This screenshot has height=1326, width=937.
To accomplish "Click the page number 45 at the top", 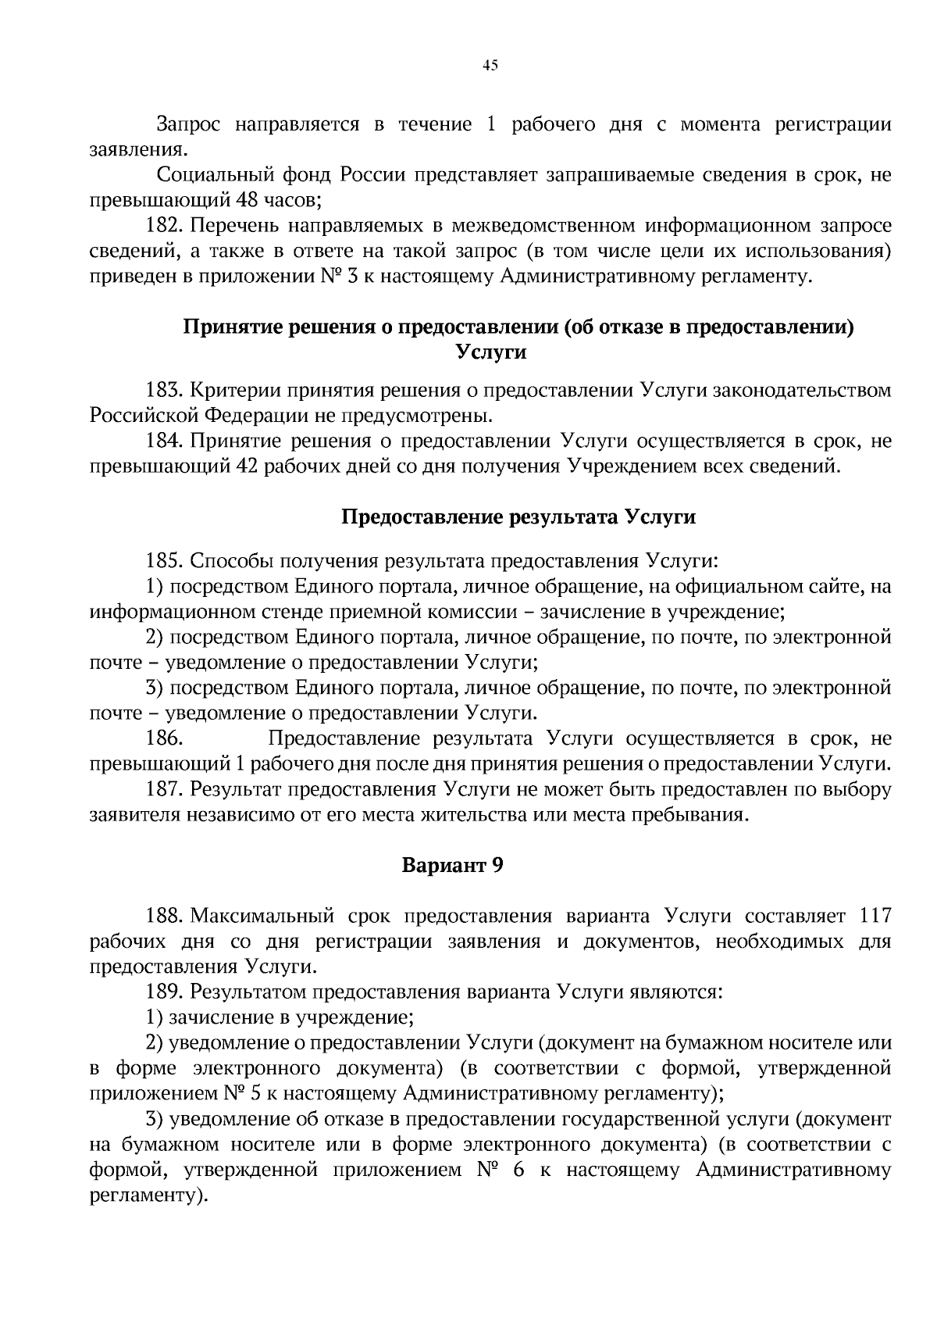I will [x=490, y=66].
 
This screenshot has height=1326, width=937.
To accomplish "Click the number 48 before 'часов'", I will [x=248, y=199].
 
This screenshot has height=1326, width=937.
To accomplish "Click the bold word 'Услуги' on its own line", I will [x=490, y=352].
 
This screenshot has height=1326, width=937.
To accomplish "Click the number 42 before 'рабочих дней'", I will [x=248, y=466].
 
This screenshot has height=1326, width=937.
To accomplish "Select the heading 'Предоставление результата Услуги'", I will [x=518, y=517].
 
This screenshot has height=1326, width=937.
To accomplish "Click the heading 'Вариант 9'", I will [x=452, y=865].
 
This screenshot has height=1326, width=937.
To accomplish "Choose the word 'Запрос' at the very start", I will [x=189, y=123].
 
